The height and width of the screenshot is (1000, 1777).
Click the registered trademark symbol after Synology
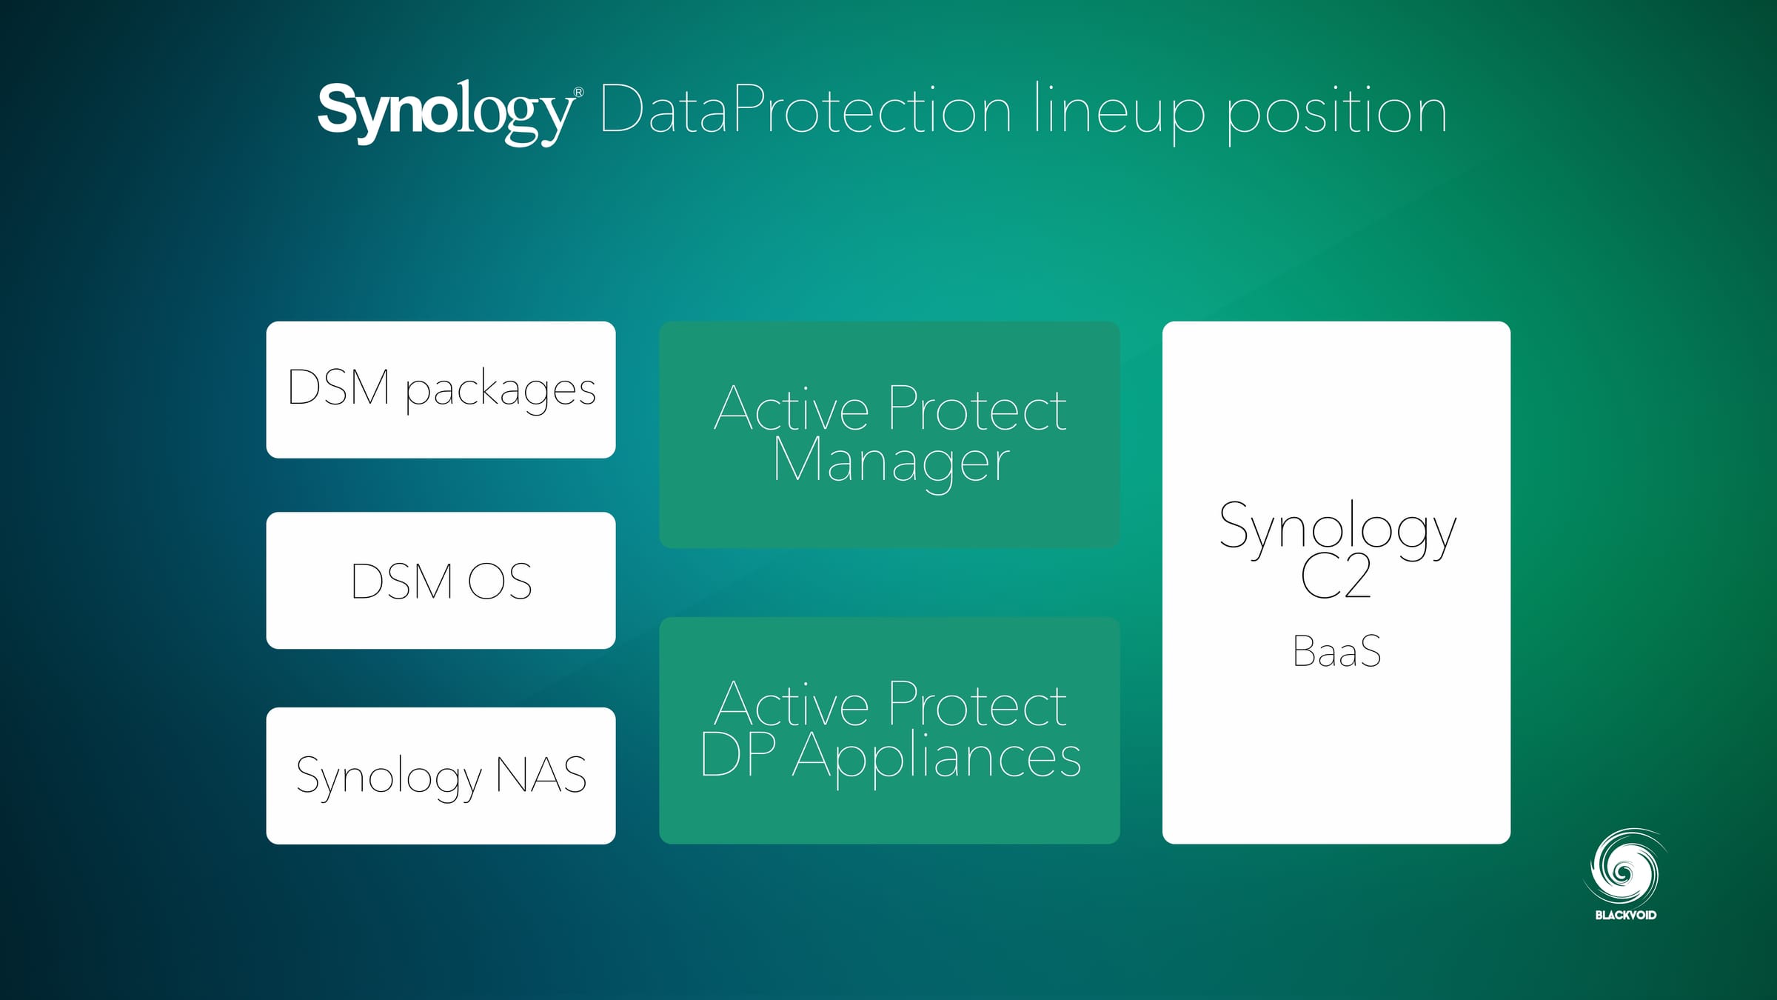[578, 93]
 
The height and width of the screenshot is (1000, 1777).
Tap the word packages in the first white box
[501, 390]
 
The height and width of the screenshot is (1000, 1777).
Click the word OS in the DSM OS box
[500, 581]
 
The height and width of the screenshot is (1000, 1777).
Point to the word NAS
[541, 776]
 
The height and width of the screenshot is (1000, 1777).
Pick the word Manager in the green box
[891, 461]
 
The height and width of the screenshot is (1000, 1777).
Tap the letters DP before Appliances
[738, 756]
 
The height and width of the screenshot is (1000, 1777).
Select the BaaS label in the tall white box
[1336, 652]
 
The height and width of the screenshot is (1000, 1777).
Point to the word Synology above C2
[1336, 527]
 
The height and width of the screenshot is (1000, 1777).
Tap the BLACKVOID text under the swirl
[1625, 916]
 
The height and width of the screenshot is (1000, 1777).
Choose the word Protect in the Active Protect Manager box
[977, 410]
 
